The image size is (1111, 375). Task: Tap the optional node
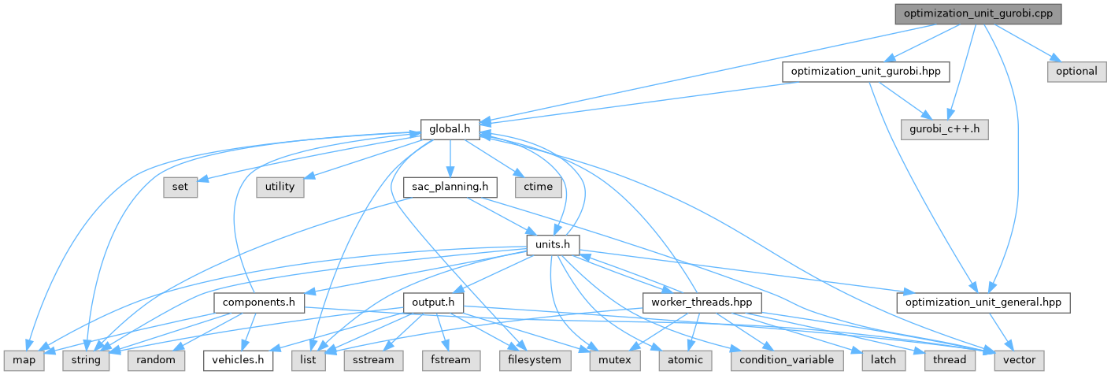coord(1076,71)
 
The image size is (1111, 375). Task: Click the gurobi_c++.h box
coord(945,128)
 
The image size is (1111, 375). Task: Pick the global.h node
coord(450,128)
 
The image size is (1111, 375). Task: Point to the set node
coord(180,187)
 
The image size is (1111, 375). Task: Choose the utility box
coord(280,187)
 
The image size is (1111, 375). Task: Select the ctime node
coord(539,187)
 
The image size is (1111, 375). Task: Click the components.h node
coord(259,302)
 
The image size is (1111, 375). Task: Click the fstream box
coord(451,359)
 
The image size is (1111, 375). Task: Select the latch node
coord(883,359)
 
